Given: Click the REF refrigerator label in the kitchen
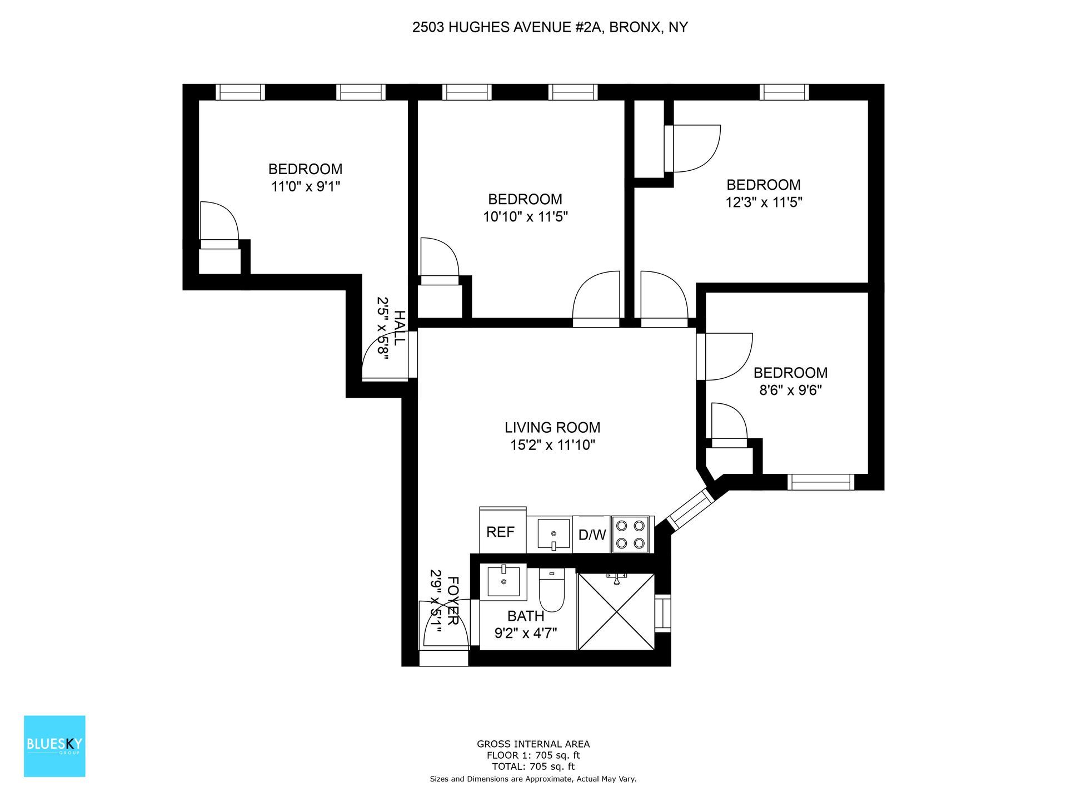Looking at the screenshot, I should (x=500, y=532).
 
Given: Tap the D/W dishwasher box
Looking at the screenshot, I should (x=592, y=535).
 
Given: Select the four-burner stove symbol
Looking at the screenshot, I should (x=631, y=535).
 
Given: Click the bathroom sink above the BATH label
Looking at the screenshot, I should (x=503, y=582).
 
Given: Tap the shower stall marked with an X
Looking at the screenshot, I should (x=616, y=612).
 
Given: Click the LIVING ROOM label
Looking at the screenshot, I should (x=552, y=428).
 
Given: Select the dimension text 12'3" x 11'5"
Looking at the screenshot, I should (x=764, y=202).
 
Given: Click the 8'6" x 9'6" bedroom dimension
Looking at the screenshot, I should (x=790, y=390).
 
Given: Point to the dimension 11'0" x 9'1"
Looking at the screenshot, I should (x=305, y=186).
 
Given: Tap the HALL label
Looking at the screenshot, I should (x=399, y=328).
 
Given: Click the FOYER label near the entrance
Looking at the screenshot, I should (x=453, y=601).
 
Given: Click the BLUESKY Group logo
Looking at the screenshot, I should (x=54, y=746).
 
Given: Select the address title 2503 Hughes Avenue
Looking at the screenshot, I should (x=550, y=27).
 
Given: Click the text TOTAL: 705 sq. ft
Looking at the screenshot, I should (x=533, y=767).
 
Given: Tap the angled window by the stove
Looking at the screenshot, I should (x=690, y=509).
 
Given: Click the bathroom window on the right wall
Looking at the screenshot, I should (x=663, y=613).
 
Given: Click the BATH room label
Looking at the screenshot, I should (x=525, y=616).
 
